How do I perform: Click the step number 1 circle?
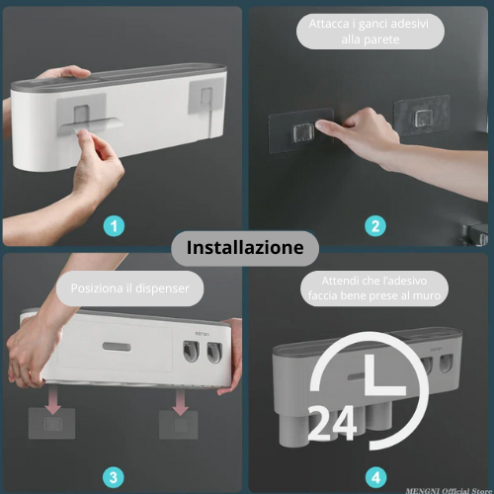[114, 226]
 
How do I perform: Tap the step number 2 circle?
[375, 226]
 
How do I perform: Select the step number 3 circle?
[114, 478]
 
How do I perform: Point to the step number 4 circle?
[376, 478]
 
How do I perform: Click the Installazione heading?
[245, 248]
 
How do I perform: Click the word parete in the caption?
[382, 41]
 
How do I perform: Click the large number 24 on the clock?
[333, 424]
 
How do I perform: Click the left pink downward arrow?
[52, 400]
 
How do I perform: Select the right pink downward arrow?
[180, 402]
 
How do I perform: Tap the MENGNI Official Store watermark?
[450, 491]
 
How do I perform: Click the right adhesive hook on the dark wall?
[422, 116]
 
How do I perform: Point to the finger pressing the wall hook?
[326, 124]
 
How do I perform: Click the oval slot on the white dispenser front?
[117, 347]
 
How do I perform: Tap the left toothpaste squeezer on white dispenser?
[192, 351]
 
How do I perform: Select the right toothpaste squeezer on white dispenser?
[214, 353]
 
